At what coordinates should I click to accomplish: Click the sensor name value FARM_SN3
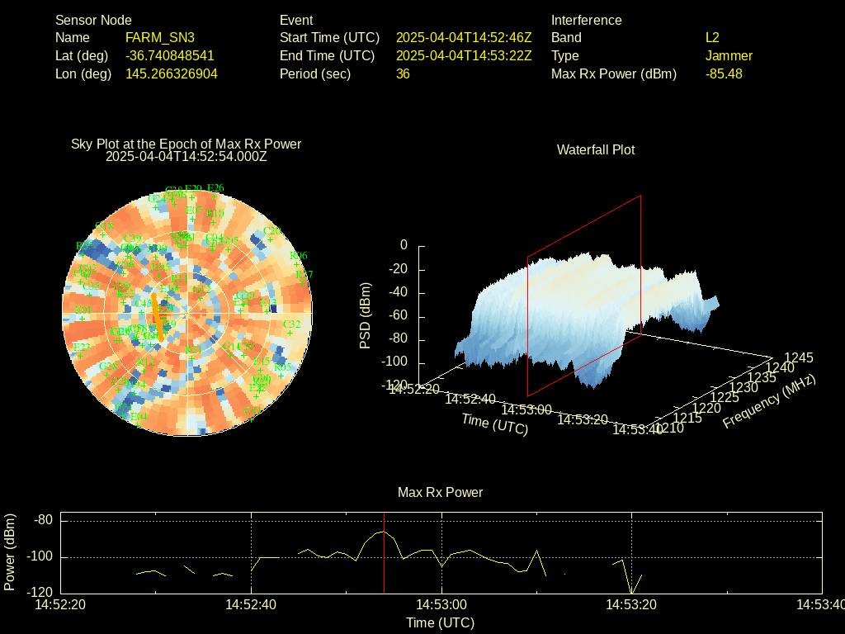click(160, 38)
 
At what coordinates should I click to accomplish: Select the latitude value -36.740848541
click(170, 56)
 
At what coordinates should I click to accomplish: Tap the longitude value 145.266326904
click(172, 74)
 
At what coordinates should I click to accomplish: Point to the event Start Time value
click(464, 38)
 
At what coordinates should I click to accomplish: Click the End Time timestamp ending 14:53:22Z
click(464, 56)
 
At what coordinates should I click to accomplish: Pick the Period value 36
click(403, 74)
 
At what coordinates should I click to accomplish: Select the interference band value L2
click(712, 38)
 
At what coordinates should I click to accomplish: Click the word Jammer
click(729, 56)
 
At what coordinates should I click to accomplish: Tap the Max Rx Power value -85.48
click(724, 74)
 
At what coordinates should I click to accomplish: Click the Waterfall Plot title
click(596, 150)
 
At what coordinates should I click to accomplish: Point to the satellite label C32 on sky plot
click(291, 324)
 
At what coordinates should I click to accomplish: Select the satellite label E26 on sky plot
click(215, 188)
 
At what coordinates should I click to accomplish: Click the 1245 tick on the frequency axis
click(798, 358)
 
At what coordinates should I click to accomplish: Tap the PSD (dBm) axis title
click(366, 315)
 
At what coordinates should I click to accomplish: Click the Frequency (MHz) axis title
click(768, 401)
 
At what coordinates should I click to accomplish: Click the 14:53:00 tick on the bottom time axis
click(441, 605)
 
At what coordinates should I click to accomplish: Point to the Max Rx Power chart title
click(440, 493)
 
